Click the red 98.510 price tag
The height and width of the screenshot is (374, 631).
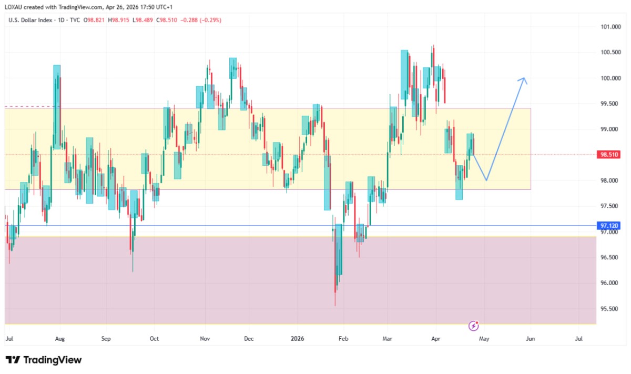click(608, 155)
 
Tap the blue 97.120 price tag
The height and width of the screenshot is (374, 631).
click(608, 226)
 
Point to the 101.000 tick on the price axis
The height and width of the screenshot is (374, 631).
click(610, 27)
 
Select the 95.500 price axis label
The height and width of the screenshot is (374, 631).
click(609, 309)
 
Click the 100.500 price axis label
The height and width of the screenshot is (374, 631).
click(610, 52)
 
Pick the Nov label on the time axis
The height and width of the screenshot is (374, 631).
click(205, 338)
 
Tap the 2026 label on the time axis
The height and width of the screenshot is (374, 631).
click(297, 338)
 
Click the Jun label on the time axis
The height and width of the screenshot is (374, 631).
click(530, 338)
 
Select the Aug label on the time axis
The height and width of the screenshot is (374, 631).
click(60, 338)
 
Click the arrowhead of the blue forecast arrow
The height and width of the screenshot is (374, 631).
click(524, 78)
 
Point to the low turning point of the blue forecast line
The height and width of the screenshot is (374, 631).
click(486, 180)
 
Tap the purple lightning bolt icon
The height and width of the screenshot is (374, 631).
click(474, 326)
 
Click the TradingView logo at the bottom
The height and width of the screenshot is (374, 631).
click(44, 360)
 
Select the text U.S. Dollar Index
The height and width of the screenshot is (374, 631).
click(30, 20)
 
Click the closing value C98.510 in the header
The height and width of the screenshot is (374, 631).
click(167, 20)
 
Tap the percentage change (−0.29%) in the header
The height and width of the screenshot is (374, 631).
click(210, 20)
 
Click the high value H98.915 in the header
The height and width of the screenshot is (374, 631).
click(118, 20)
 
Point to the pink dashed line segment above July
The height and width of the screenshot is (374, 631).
click(29, 107)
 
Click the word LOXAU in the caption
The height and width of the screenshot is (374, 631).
click(13, 7)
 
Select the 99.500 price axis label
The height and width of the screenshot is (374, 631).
click(609, 104)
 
